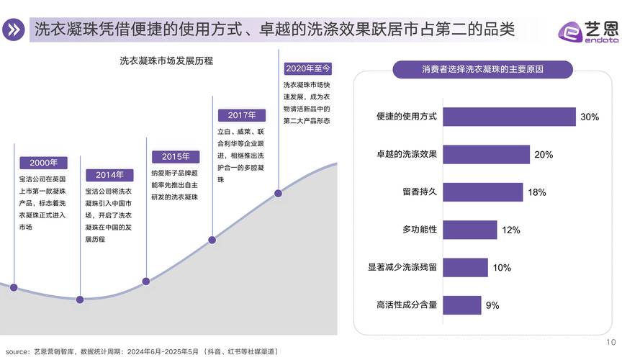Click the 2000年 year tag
point(43,163)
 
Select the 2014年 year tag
point(109,175)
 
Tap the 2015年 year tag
point(175,156)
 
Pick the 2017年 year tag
point(242,115)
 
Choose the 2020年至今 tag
point(308,68)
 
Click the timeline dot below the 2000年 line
point(14,287)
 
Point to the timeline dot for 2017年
point(212,240)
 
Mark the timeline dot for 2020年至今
point(279,192)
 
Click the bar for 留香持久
point(482,192)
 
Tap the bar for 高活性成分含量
point(461,305)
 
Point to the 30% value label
point(590,117)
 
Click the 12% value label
point(511,230)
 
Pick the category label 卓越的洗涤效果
point(407,154)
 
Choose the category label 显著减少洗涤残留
point(402,267)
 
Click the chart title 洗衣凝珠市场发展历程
point(166,61)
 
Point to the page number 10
point(613,342)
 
